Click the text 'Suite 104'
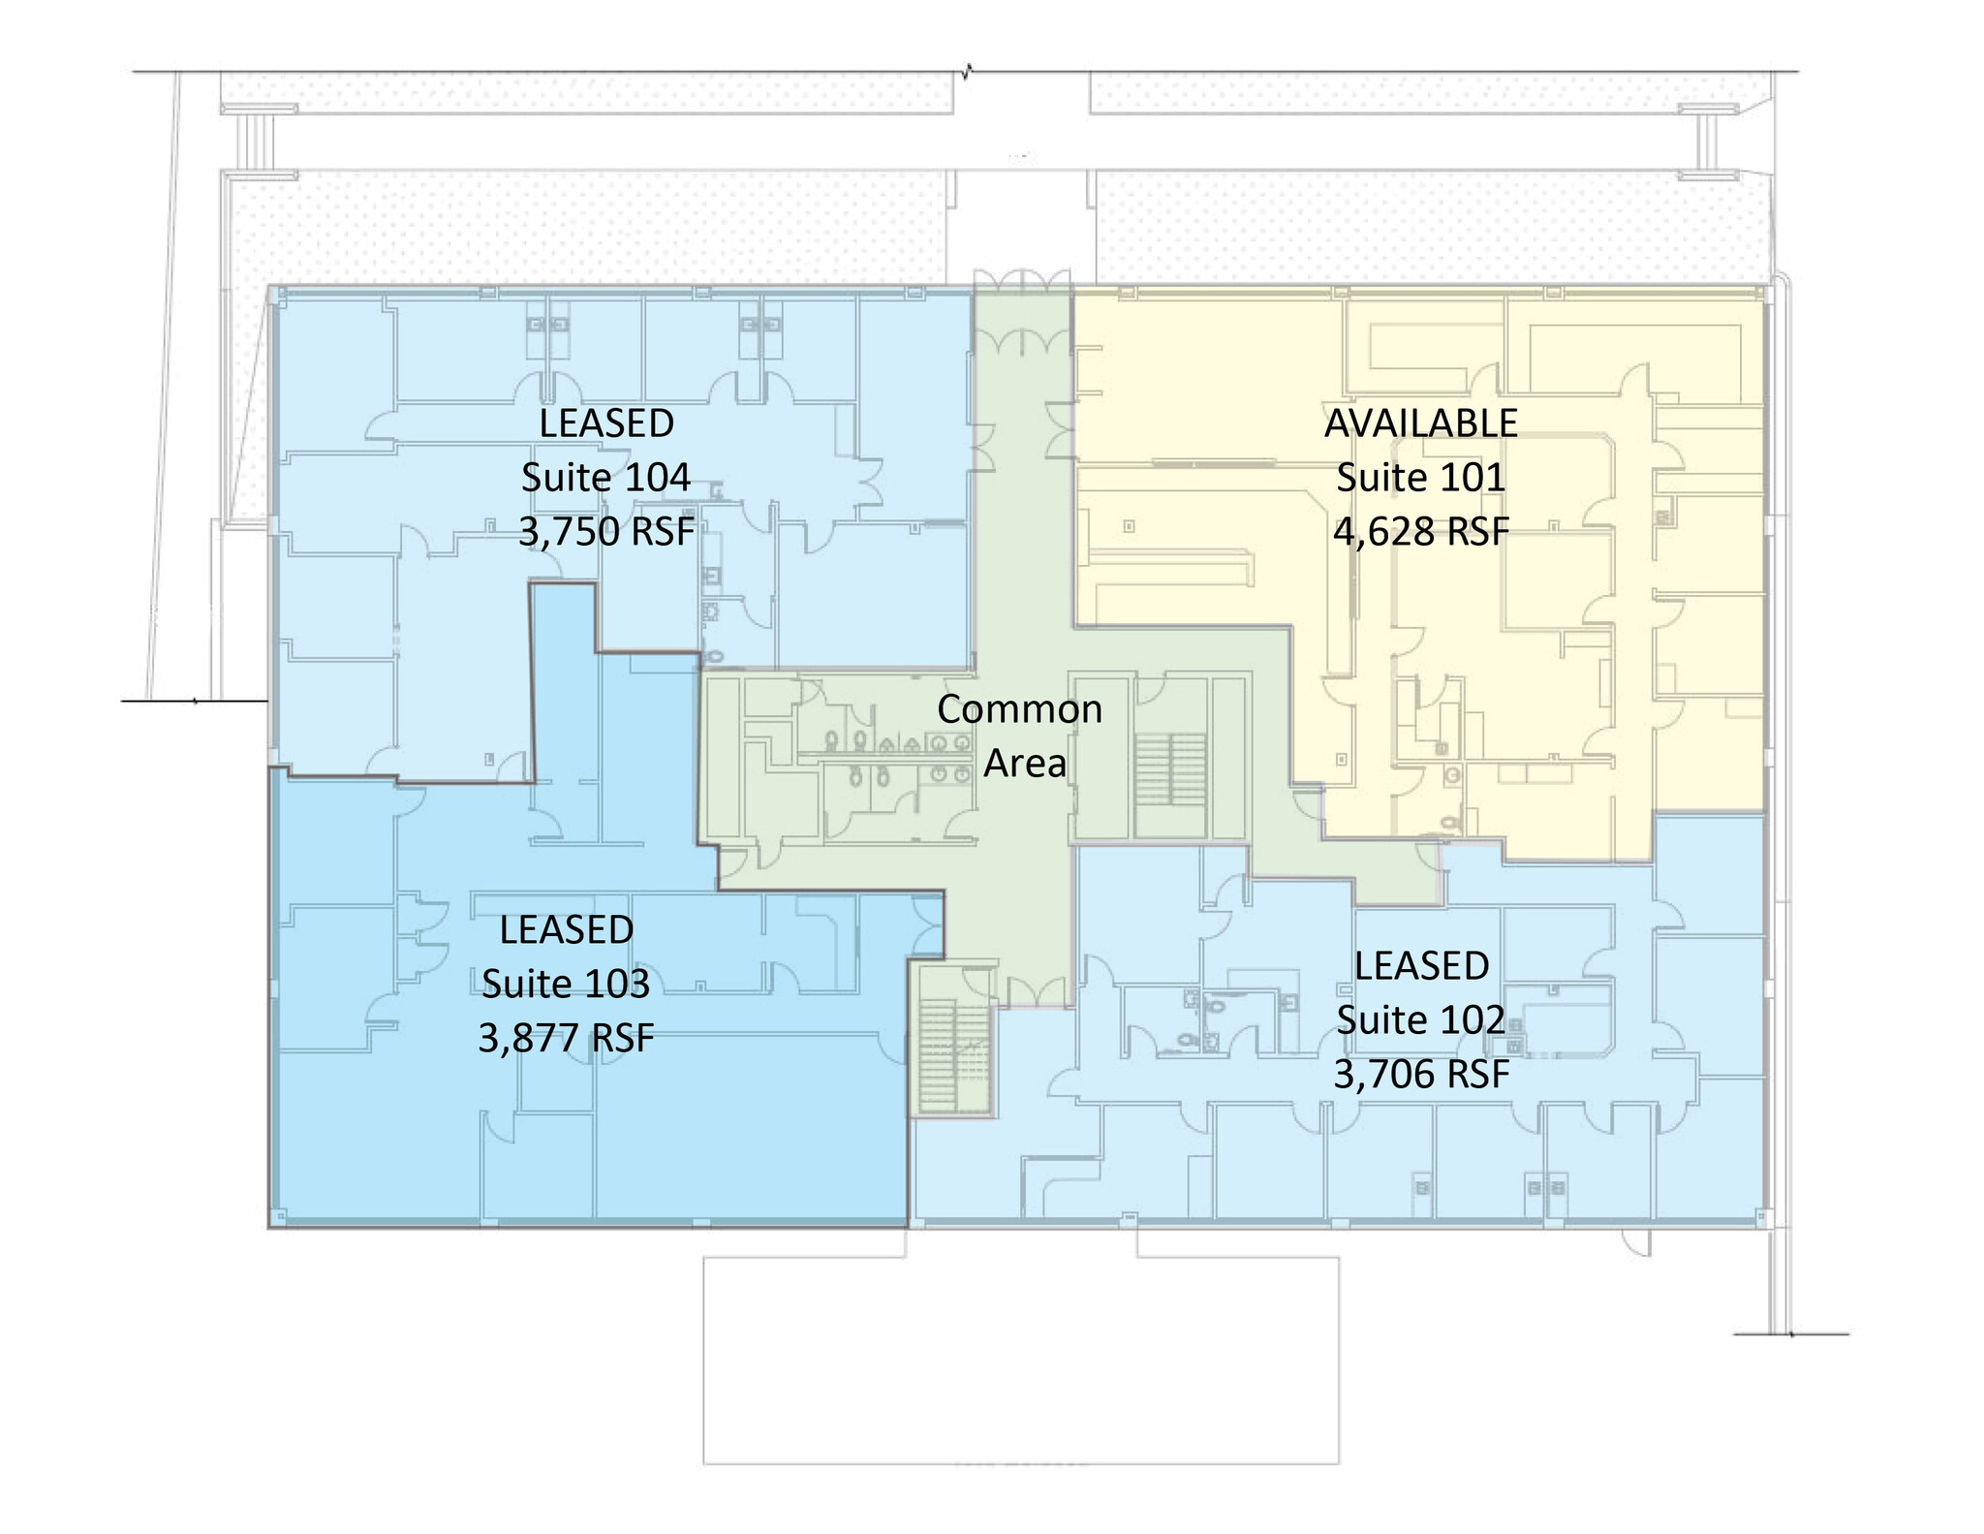click(x=605, y=478)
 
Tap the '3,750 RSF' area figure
click(x=607, y=532)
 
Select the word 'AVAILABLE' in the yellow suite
click(x=1420, y=423)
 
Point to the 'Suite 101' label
click(x=1420, y=478)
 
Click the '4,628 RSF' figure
click(x=1421, y=532)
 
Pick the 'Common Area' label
click(x=1020, y=736)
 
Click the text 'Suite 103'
click(x=566, y=984)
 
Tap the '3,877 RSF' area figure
click(x=567, y=1038)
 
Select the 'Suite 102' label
click(x=1421, y=1019)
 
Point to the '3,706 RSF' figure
click(x=1421, y=1074)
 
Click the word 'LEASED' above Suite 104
click(x=606, y=423)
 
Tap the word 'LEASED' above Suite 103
click(x=567, y=929)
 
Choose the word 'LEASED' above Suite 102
click(x=1421, y=965)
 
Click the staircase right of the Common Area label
click(x=1170, y=784)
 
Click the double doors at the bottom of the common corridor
click(x=1036, y=988)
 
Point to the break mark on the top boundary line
click(x=966, y=71)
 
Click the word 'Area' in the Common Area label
click(x=1025, y=764)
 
